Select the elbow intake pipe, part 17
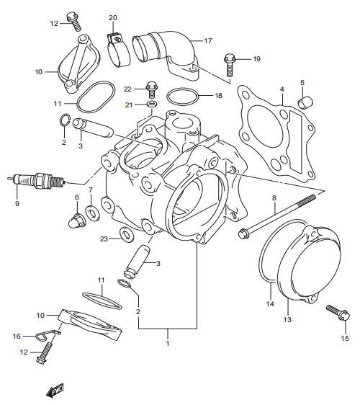coord(171,50)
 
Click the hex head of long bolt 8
coord(244,233)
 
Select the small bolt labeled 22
coord(151,88)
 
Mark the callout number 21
coord(127,104)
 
